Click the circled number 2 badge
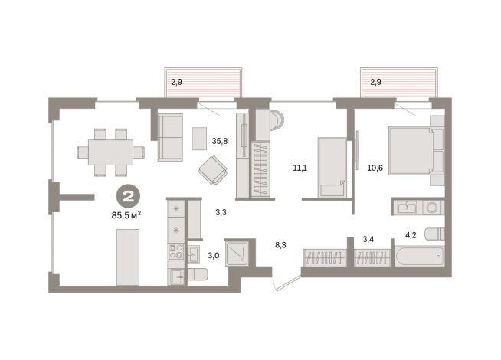point(127,197)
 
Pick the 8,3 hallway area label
point(282,246)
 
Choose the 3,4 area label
point(368,240)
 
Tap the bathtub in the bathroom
point(418,255)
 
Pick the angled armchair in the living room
point(211,170)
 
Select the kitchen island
point(128,257)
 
